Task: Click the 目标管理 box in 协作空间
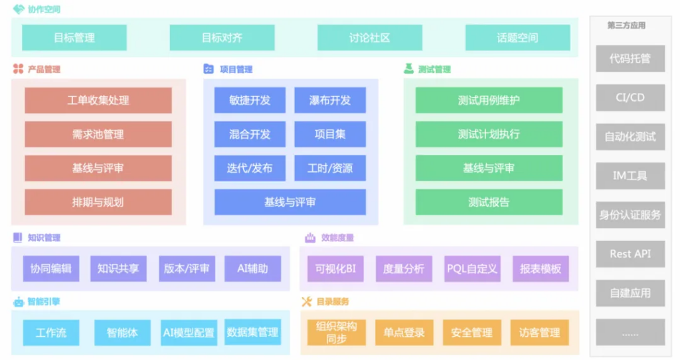(x=74, y=38)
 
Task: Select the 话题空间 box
(x=517, y=38)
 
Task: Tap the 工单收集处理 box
(x=98, y=100)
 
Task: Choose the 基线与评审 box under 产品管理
(x=98, y=168)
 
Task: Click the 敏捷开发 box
(x=250, y=100)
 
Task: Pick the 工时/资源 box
(x=330, y=168)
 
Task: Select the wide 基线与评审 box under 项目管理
(x=290, y=202)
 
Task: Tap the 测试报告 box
(x=489, y=202)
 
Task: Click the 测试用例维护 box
(x=489, y=100)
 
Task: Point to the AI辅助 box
(x=252, y=268)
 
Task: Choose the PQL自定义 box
(x=472, y=268)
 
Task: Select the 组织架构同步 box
(x=337, y=332)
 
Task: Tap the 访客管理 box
(x=539, y=332)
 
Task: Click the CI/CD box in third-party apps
(x=630, y=97)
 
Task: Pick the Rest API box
(x=630, y=254)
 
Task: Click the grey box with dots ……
(x=630, y=332)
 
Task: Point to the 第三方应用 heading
(x=626, y=25)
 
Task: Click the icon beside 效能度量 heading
(x=310, y=238)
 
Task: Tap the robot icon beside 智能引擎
(x=19, y=302)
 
